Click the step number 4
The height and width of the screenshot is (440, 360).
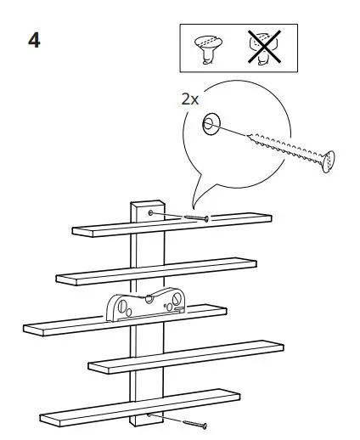click(34, 41)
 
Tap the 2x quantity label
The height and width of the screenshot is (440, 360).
click(189, 99)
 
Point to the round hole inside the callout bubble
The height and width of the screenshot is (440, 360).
click(209, 126)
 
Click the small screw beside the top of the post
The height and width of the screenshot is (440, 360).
click(194, 217)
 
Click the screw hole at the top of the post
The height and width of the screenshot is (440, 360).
click(150, 212)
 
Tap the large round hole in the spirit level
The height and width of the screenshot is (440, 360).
click(124, 303)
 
